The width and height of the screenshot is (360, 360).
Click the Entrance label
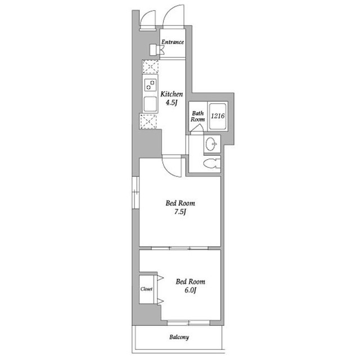173,42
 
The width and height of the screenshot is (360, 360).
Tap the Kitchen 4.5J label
172,98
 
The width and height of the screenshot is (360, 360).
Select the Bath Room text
197,116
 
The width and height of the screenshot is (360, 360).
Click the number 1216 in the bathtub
218,116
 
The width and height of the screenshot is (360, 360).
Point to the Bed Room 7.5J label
180,207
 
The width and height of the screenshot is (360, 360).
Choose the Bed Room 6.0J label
190,286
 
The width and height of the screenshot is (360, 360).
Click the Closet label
146,289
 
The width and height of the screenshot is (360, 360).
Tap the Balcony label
179,337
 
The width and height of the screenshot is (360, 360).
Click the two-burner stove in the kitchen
151,85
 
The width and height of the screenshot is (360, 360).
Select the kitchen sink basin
150,104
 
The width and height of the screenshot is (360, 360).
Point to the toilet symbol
211,164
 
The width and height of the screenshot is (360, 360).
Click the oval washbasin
211,144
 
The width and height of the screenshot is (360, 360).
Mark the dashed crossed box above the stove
150,66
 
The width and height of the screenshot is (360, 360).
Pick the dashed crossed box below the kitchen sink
148,121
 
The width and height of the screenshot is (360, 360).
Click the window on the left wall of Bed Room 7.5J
136,192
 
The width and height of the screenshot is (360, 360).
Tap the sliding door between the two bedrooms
180,248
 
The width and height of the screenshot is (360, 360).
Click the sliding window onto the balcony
188,323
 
